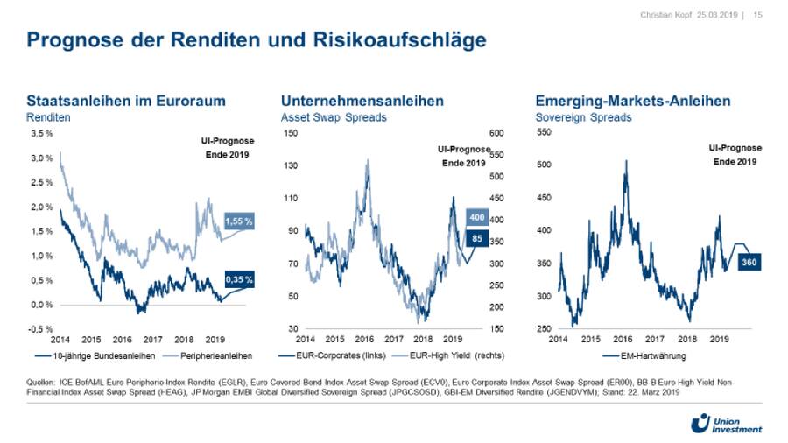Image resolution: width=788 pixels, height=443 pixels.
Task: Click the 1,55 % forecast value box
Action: (x=238, y=222)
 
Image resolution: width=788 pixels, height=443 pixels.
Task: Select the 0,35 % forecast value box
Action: (x=238, y=280)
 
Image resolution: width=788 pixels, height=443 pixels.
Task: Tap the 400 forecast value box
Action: (x=476, y=217)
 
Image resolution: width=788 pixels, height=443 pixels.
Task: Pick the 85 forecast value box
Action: (x=476, y=237)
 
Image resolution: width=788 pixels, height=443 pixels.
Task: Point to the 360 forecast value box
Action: (x=749, y=262)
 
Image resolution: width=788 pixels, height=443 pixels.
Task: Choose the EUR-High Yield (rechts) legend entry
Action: (x=443, y=355)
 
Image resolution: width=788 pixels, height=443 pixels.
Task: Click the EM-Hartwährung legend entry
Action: (x=644, y=355)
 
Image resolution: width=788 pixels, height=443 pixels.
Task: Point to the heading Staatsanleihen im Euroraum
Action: (x=126, y=102)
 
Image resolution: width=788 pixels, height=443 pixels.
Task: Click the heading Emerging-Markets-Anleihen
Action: (x=632, y=102)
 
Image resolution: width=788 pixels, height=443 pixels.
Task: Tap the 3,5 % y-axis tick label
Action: (x=42, y=134)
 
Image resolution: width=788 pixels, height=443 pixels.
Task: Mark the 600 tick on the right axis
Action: (x=496, y=133)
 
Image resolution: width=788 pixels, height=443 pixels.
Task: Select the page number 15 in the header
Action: (x=757, y=15)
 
